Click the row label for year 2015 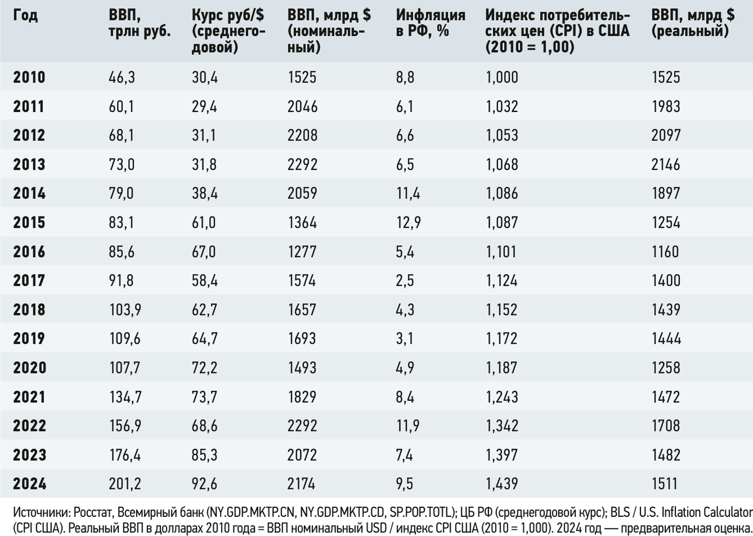click(29, 222)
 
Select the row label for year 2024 click(30, 484)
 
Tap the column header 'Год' click(26, 16)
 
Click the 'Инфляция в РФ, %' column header click(431, 23)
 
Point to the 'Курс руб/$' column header click(228, 16)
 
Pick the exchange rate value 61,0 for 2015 click(204, 222)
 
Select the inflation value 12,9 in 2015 click(408, 222)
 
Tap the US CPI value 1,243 click(502, 397)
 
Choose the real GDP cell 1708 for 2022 click(666, 425)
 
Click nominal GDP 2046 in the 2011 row click(302, 106)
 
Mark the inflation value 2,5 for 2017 click(405, 281)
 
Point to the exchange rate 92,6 click(204, 484)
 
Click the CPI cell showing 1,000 click(502, 77)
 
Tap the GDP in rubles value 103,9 click(125, 309)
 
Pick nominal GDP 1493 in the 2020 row click(302, 367)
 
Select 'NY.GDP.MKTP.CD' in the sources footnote click(342, 512)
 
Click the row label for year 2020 click(30, 367)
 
